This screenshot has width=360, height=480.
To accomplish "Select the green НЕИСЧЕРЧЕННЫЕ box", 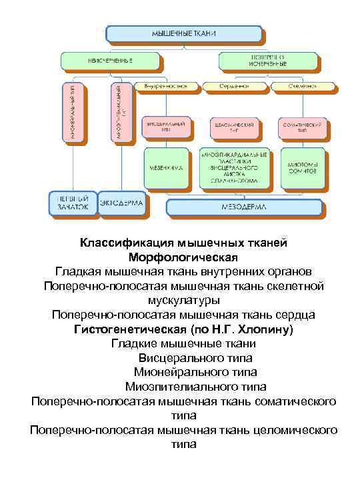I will pos(111,61).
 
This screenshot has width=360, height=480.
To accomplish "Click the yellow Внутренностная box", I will pos(166,86).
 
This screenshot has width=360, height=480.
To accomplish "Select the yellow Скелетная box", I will pos(297,86).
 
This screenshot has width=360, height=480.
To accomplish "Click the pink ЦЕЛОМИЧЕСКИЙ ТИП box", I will pos(235,128).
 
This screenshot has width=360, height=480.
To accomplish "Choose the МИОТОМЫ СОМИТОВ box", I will pos(303,169).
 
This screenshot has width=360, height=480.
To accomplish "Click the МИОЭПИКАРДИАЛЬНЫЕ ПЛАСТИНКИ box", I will pos(235,169).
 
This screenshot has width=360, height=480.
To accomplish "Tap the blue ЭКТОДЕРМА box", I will pos(123,203).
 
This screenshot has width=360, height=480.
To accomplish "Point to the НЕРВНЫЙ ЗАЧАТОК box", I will pos(71,203).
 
